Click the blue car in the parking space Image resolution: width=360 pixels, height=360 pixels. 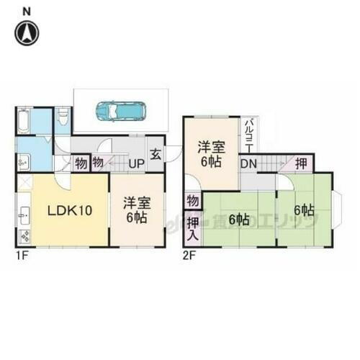coord(121,112)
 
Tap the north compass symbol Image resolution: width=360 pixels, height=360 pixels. coord(27,32)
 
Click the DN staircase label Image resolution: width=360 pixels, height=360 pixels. coord(248,163)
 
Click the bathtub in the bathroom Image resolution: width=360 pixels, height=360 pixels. coord(24,121)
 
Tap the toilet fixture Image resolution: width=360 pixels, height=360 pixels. coord(62,117)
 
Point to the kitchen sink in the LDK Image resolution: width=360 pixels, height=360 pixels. coord(23,214)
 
